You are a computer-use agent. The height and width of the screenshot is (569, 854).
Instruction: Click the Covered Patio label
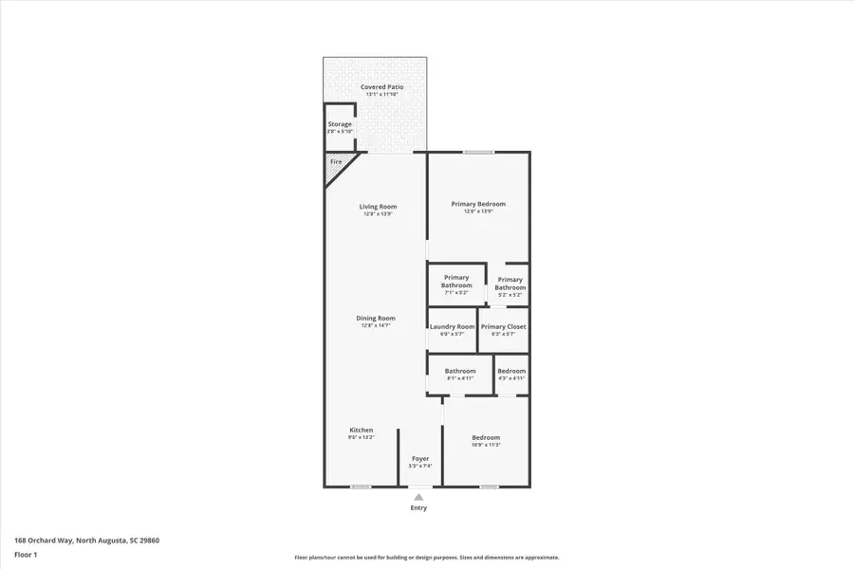pyautogui.click(x=381, y=87)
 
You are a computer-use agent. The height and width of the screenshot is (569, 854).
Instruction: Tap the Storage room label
pyautogui.click(x=340, y=124)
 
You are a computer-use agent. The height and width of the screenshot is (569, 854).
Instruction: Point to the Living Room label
pyautogui.click(x=378, y=207)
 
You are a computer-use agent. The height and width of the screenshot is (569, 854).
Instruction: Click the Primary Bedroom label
pyautogui.click(x=478, y=204)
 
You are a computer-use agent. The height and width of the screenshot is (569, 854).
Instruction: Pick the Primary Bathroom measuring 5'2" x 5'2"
pyautogui.click(x=511, y=284)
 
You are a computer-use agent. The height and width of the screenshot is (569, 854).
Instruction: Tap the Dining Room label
pyautogui.click(x=376, y=319)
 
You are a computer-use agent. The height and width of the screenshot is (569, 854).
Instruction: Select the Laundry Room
pyautogui.click(x=452, y=327)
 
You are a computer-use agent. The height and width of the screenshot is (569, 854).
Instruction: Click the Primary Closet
pyautogui.click(x=503, y=327)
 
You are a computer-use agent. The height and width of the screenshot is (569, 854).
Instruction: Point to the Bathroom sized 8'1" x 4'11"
pyautogui.click(x=460, y=372)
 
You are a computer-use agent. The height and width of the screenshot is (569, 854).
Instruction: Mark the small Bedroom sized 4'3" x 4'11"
pyautogui.click(x=511, y=372)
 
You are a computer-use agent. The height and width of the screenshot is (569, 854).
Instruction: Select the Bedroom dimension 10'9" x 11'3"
pyautogui.click(x=486, y=445)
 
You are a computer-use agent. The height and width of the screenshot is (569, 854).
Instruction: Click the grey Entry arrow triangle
pyautogui.click(x=418, y=496)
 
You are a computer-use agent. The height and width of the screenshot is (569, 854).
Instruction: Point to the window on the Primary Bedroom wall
pyautogui.click(x=478, y=152)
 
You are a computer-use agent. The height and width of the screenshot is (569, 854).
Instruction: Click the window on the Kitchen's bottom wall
pyautogui.click(x=361, y=486)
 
